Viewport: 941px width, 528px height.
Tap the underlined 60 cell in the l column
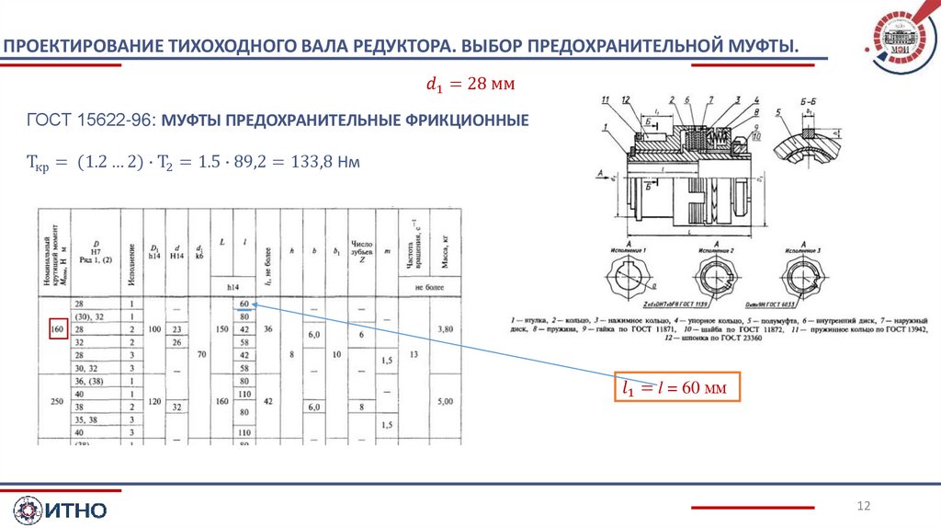(x=244, y=304)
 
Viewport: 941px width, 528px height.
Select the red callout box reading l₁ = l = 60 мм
(x=675, y=388)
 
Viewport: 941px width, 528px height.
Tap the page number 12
(x=863, y=506)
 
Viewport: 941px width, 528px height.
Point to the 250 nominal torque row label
(x=57, y=401)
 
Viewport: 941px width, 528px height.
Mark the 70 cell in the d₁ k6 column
(x=199, y=354)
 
